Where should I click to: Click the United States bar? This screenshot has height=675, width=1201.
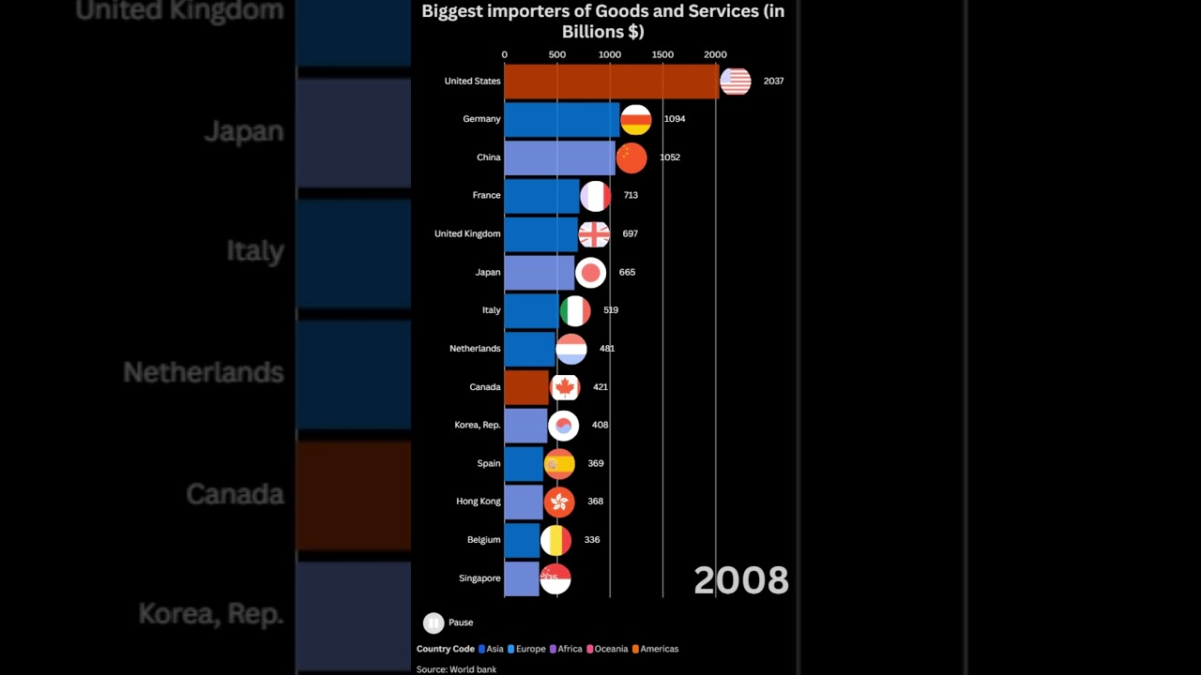point(611,82)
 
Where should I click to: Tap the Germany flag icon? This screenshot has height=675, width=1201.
point(636,119)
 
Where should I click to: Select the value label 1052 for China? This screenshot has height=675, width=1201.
point(669,157)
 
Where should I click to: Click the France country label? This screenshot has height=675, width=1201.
point(486,195)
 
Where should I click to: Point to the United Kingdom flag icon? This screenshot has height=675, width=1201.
point(594,233)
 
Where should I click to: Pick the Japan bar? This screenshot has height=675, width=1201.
point(539,272)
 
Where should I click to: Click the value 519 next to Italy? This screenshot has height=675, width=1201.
point(611,310)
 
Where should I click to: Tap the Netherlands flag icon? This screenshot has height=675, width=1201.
point(571,349)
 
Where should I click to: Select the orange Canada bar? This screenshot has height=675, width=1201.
point(526,387)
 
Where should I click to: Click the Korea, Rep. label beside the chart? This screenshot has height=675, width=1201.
point(477,425)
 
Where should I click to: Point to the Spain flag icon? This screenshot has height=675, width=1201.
point(559,463)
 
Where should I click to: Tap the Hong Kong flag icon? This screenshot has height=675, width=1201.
point(559,502)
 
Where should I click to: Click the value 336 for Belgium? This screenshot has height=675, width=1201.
point(592,540)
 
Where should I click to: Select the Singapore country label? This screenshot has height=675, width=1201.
point(479,578)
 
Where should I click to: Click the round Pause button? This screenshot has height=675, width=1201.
point(433,622)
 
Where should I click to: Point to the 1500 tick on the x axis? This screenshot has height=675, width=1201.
point(662,54)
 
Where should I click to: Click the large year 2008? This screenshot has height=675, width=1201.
point(740,580)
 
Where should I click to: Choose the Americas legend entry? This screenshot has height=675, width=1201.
point(659,649)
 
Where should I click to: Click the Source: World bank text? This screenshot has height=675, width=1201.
point(456,669)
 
